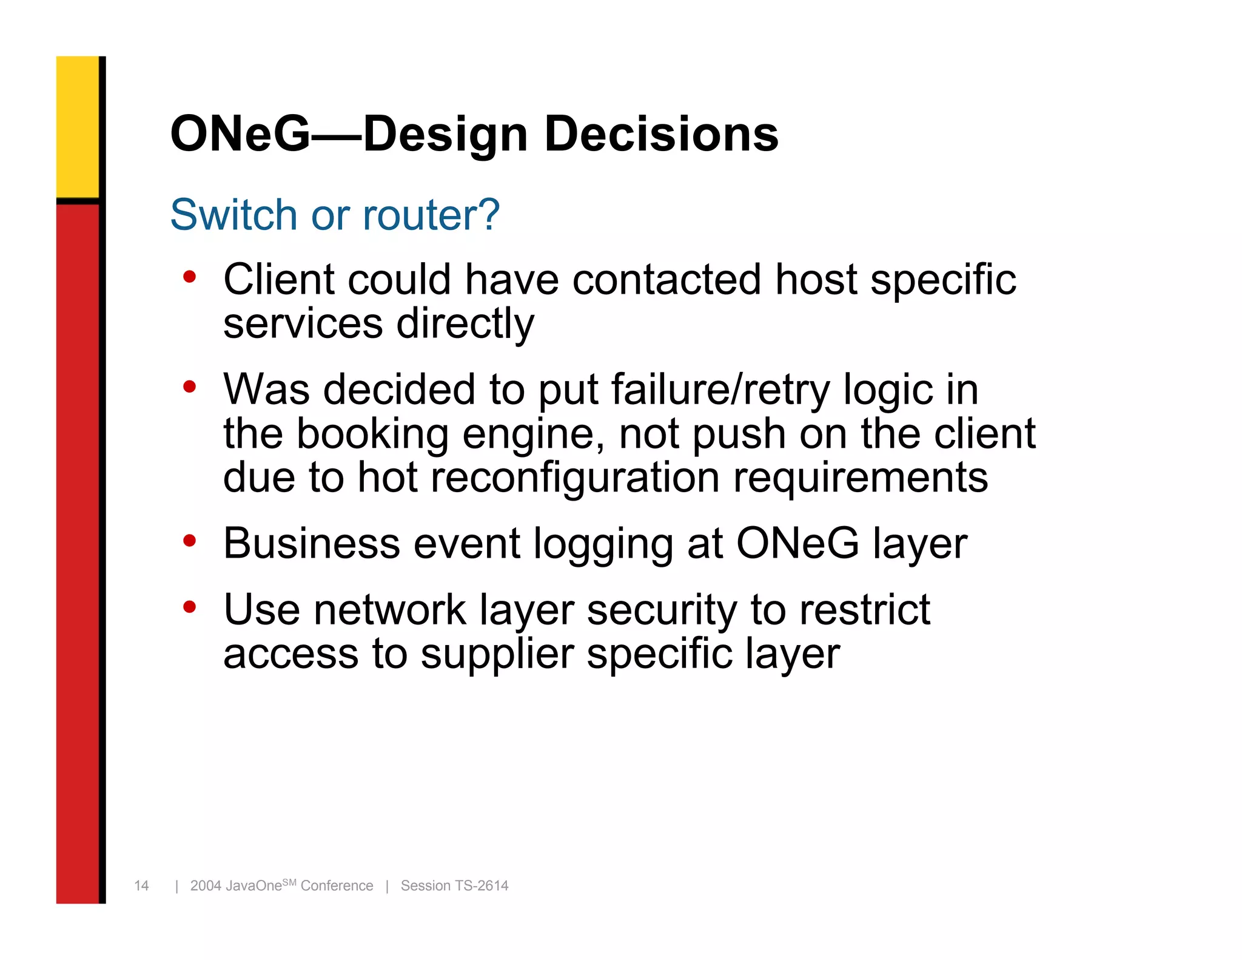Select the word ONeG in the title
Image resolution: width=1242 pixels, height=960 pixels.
click(x=240, y=134)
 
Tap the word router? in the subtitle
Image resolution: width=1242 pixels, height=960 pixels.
click(x=431, y=215)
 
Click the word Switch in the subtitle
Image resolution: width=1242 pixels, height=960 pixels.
click(x=233, y=215)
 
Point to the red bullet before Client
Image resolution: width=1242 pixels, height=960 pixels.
click(x=190, y=277)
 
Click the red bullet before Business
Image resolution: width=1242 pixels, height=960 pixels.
click(x=190, y=540)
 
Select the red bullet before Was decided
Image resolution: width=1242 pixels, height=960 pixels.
click(x=190, y=387)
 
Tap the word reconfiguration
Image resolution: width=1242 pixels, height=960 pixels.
click(x=575, y=478)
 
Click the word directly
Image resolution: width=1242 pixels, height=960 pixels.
click(x=465, y=323)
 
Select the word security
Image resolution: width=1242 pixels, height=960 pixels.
click(x=662, y=610)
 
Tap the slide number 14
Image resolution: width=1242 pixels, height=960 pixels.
click(x=141, y=886)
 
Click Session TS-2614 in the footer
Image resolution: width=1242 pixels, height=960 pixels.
click(x=454, y=886)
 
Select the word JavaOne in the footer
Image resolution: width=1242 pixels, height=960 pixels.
click(x=254, y=886)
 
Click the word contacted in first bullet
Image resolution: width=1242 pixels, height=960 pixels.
click(x=666, y=280)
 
